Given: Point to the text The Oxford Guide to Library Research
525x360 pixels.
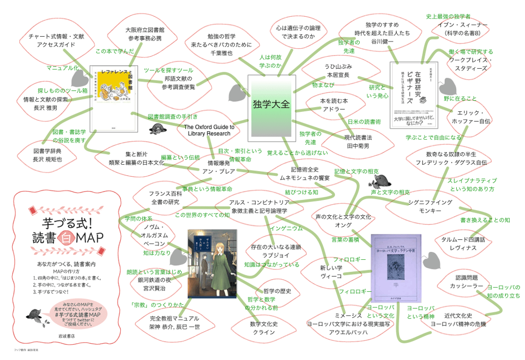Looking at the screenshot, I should (x=209, y=130).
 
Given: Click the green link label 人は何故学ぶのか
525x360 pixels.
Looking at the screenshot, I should (x=270, y=61).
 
